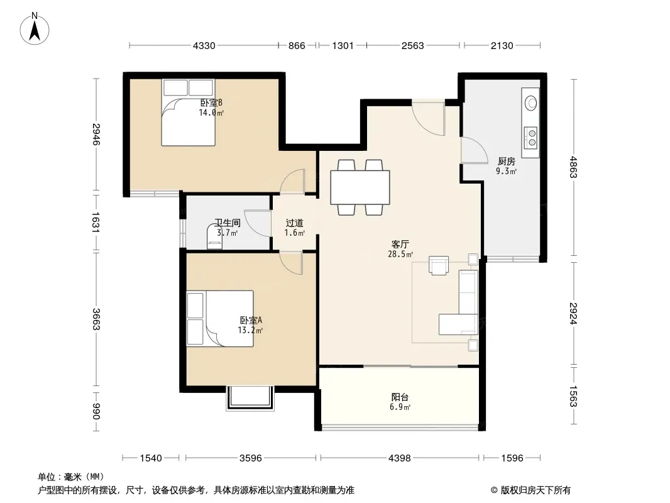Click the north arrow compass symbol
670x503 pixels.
pos(35,29)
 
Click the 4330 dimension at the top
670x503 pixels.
pos(204,46)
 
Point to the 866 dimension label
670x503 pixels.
pos(297,46)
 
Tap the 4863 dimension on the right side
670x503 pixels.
pos(573,167)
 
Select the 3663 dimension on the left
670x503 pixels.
pos(96,319)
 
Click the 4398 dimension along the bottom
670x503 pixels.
pos(400,458)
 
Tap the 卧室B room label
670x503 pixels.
pos(212,102)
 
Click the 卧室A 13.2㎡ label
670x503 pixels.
pos(250,325)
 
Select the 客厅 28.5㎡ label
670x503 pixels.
pos(400,249)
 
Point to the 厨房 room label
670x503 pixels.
pos(507,161)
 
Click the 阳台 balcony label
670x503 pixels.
pos(400,397)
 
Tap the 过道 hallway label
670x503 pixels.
pos(294,223)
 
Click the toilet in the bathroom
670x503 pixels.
pos(214,236)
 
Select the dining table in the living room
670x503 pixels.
pos(360,187)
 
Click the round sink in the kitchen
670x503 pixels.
pos(531,102)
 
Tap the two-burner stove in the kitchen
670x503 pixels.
pos(531,138)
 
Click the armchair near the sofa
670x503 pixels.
pos(439,265)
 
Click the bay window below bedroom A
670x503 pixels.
pos(250,398)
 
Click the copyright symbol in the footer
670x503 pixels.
pos(494,490)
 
